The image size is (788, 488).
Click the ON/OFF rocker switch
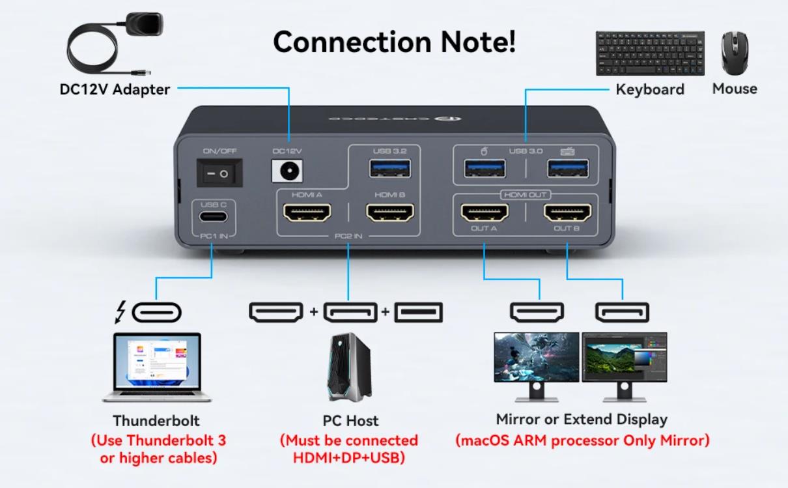(x=219, y=173)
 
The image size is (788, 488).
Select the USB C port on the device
(x=213, y=218)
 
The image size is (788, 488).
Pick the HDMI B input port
(x=390, y=212)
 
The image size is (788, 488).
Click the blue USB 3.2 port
(x=389, y=168)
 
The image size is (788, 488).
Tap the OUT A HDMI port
(x=485, y=212)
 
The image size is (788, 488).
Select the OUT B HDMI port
(x=567, y=212)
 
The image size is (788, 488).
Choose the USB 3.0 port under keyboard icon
(x=567, y=168)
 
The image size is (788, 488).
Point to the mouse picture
(x=735, y=54)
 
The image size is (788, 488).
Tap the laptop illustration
(x=157, y=367)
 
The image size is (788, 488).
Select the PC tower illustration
(x=350, y=367)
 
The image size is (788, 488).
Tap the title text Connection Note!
(x=394, y=42)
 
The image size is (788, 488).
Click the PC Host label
(x=350, y=421)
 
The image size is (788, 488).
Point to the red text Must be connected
(x=349, y=440)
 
